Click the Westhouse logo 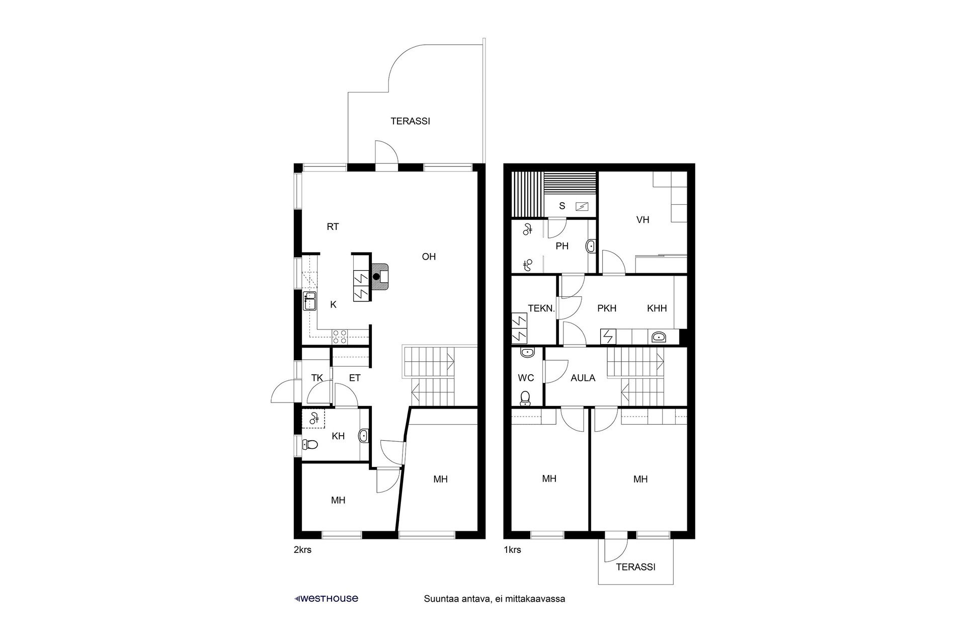(x=327, y=599)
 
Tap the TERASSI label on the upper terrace (x=411, y=121)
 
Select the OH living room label (x=429, y=257)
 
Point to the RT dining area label (x=333, y=227)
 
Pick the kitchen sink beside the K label (x=309, y=301)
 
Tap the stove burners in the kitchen (x=339, y=336)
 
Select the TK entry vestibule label (x=316, y=378)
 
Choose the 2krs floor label (x=302, y=550)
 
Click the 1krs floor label (x=512, y=550)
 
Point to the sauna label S (x=562, y=206)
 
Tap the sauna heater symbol (x=583, y=206)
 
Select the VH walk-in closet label (x=642, y=220)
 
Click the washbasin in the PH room (x=591, y=247)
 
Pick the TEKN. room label (x=541, y=308)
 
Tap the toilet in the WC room (x=526, y=398)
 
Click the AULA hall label (x=583, y=378)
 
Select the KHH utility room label (x=657, y=308)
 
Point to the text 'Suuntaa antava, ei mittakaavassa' (x=495, y=599)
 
